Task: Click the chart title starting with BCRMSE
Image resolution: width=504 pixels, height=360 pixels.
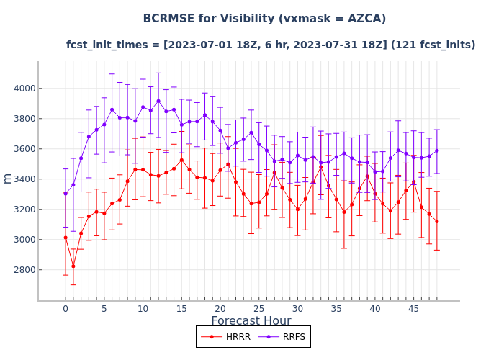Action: click(264, 19)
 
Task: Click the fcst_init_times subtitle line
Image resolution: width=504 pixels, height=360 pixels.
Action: click(271, 45)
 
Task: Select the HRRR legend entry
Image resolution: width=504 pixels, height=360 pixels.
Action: click(225, 336)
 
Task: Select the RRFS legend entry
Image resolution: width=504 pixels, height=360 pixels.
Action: click(281, 336)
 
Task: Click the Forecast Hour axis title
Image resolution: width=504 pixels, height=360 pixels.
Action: click(251, 321)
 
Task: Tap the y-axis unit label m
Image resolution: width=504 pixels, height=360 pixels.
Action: click(8, 178)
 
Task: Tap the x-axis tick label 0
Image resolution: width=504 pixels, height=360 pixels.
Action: click(66, 309)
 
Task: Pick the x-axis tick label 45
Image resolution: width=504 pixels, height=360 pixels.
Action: click(414, 309)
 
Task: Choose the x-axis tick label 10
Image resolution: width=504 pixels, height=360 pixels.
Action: click(143, 309)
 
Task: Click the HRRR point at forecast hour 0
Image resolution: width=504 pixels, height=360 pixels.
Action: click(66, 238)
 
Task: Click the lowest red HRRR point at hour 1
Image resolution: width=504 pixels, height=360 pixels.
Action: click(73, 266)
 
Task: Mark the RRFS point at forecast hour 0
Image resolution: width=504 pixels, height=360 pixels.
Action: click(66, 194)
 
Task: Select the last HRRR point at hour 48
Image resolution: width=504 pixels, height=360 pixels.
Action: click(436, 221)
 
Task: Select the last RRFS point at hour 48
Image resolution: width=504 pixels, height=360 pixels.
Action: click(436, 150)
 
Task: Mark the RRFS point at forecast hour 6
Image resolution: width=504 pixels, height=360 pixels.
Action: click(112, 109)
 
